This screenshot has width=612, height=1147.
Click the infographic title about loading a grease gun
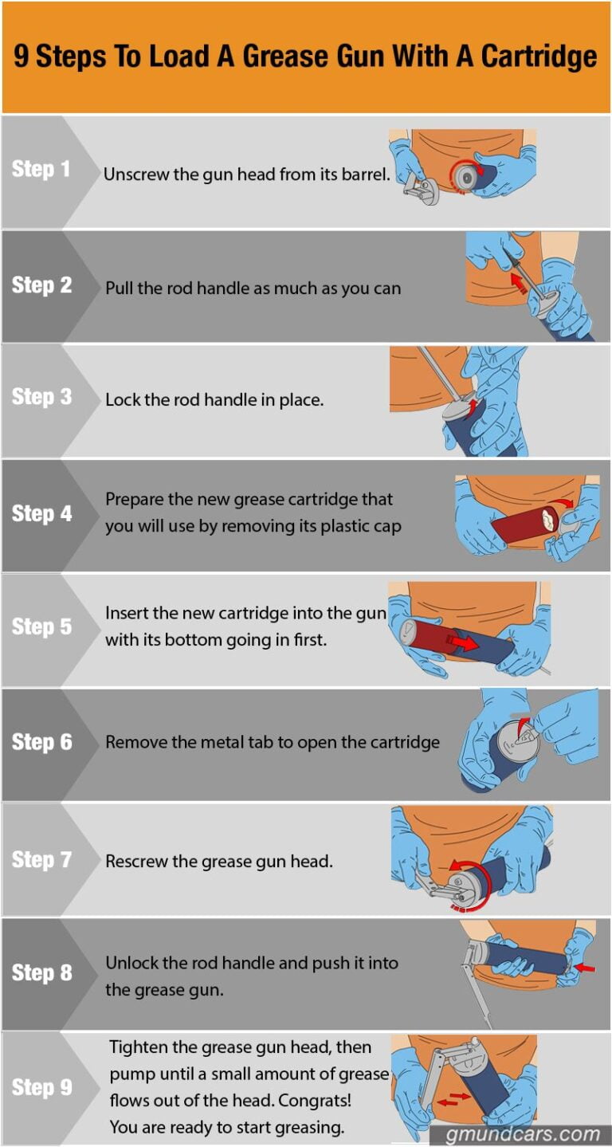tap(305, 57)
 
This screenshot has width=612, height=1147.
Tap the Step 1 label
tap(41, 169)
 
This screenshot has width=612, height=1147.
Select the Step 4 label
tap(41, 514)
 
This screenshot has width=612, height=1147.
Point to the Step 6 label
tap(41, 742)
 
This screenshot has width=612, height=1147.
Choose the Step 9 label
tap(41, 1087)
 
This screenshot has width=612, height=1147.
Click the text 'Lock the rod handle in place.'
tap(214, 400)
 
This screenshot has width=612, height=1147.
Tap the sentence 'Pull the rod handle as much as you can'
tap(253, 289)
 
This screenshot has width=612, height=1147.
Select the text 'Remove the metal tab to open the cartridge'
tap(272, 742)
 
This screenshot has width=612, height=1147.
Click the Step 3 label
tap(41, 397)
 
